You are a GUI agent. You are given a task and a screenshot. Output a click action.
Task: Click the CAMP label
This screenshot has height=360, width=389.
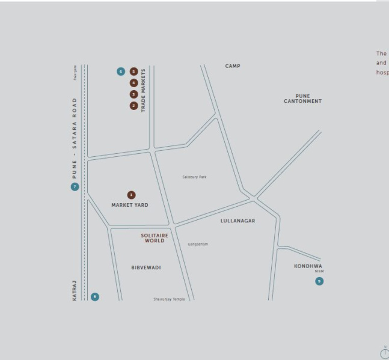pos(233,66)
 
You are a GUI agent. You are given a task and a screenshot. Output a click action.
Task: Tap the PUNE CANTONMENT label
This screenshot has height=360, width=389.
pos(302,99)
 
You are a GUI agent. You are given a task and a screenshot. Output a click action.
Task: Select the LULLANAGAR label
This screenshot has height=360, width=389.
pos(237,221)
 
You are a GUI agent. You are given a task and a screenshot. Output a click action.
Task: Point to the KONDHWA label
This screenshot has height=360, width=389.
pos(308,266)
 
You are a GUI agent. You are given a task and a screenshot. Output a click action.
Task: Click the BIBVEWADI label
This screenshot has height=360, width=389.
pos(146,267)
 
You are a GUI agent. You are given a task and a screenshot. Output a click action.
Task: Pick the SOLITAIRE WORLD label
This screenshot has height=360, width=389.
pos(155,238)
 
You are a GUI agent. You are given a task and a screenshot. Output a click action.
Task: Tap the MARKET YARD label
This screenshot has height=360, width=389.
pos(129,205)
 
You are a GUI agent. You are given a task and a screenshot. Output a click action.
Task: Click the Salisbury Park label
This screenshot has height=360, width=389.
pos(194,177)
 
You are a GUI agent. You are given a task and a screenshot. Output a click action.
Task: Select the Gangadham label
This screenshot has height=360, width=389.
pos(198,245)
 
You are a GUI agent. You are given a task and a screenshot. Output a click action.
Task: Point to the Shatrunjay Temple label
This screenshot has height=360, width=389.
pos(169,299)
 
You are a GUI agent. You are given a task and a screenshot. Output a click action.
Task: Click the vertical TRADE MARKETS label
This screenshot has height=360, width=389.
pos(144,91)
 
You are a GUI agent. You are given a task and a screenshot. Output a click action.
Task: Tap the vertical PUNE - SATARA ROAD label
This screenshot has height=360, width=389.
pos(75,138)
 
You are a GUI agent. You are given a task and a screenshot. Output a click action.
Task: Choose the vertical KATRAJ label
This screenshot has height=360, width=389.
pos(75,290)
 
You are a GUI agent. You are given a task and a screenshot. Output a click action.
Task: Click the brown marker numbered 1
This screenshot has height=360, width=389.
pos(132,195)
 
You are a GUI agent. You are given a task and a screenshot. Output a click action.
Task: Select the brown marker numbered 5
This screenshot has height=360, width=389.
pos(134,72)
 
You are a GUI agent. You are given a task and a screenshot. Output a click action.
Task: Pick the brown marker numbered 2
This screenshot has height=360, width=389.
pos(134,106)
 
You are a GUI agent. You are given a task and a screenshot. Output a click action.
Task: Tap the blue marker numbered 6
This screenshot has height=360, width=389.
pos(121,72)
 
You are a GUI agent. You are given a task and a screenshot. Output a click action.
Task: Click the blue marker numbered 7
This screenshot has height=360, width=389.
pos(75,187)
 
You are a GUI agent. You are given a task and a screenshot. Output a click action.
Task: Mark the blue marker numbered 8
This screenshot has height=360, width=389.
pos(94,297)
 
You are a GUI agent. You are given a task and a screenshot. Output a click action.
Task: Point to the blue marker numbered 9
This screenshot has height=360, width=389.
pos(319,281)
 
